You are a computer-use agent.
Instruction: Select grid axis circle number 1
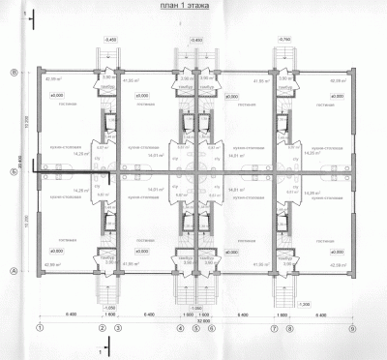[x=39, y=328]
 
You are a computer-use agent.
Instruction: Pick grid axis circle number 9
[x=353, y=328]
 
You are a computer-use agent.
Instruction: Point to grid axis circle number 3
[x=118, y=328]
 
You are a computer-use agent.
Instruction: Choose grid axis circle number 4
[x=181, y=328]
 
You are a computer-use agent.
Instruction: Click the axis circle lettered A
[x=14, y=272]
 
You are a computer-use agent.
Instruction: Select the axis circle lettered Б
[x=14, y=172]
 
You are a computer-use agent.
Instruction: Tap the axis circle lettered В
[x=14, y=72]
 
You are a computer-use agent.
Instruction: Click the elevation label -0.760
[x=284, y=40]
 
